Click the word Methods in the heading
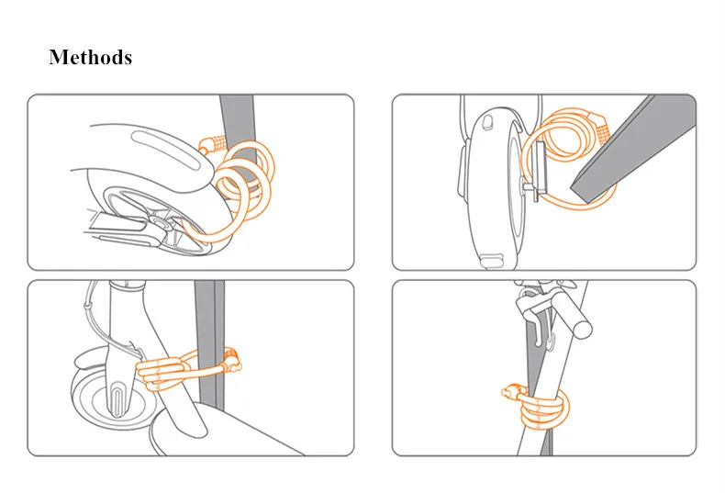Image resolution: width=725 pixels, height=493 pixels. [91, 57]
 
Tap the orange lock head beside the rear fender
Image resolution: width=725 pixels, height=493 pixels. [213, 144]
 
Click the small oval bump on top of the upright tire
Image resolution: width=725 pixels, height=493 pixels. [487, 121]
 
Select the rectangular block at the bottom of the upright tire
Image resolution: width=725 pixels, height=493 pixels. [491, 260]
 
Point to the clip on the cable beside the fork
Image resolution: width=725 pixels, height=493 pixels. [85, 306]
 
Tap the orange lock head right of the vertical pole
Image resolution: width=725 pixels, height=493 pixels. [232, 361]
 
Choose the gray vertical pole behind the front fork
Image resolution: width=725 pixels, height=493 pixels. [209, 344]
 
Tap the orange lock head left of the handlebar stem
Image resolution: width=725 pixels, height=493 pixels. [513, 391]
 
